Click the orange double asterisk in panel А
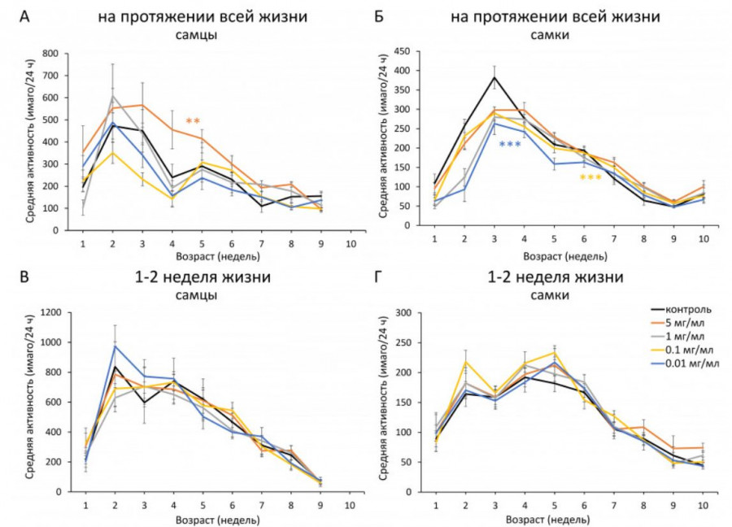click(x=193, y=122)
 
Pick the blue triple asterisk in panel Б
click(x=510, y=145)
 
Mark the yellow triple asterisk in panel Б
click(x=590, y=177)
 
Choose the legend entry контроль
click(x=687, y=309)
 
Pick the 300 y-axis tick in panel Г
click(x=414, y=312)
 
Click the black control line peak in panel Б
click(x=495, y=77)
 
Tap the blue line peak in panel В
click(x=115, y=346)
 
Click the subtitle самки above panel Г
click(x=555, y=295)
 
